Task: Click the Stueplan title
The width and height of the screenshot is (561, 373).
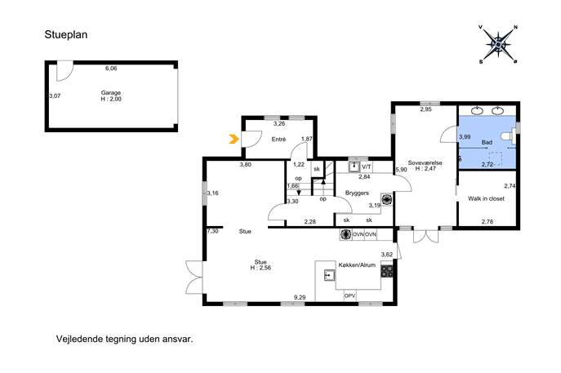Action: [66, 35]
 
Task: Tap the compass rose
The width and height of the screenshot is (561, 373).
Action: [498, 44]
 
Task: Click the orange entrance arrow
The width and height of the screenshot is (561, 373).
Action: [234, 139]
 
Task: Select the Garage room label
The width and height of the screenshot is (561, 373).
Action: [111, 92]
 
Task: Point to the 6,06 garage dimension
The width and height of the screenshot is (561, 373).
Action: [111, 69]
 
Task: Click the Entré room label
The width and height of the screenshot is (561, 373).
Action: [278, 139]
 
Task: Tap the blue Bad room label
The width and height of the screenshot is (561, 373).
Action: [487, 142]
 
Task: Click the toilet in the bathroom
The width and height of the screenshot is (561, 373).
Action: [509, 136]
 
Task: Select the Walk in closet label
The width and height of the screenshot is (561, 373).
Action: [486, 198]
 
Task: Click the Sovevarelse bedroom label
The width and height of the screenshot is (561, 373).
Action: [425, 162]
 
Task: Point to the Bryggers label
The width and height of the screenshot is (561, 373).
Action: [357, 193]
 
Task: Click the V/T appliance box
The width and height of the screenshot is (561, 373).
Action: [367, 167]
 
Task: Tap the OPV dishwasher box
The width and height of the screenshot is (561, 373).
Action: [350, 296]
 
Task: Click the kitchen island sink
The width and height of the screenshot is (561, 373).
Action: [330, 275]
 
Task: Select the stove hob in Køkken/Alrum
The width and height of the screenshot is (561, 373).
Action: [386, 271]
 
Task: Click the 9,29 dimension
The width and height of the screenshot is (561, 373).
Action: [300, 297]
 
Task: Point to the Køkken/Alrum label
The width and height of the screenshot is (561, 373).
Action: [357, 265]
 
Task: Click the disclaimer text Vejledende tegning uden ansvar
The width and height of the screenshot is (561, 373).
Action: [124, 339]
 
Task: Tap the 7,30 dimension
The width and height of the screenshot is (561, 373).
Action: [212, 231]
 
